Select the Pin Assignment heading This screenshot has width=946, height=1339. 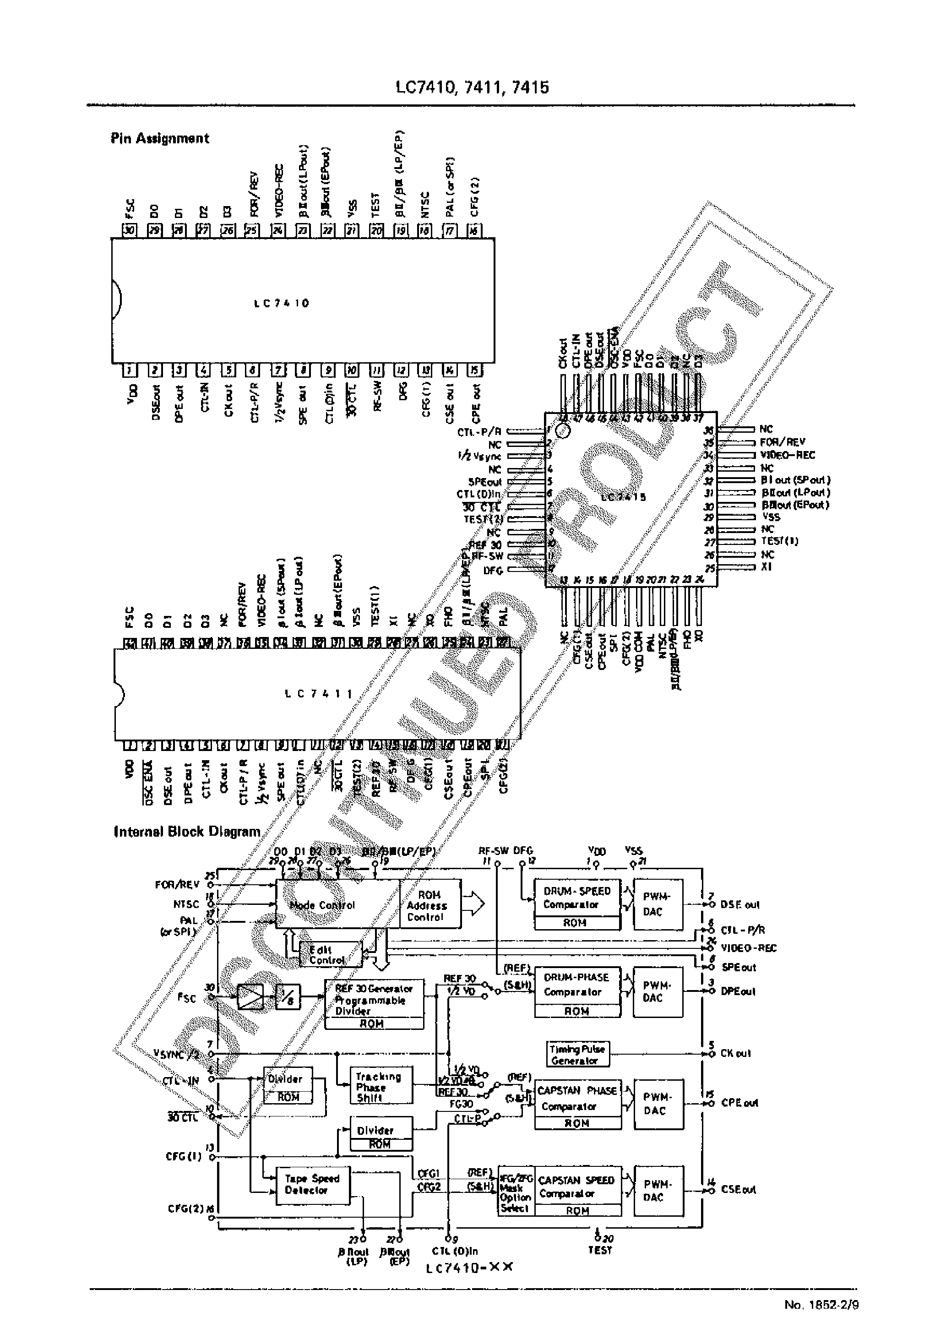pos(160,139)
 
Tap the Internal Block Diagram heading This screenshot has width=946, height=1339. pos(187,832)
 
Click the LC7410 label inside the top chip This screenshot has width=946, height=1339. pos(282,303)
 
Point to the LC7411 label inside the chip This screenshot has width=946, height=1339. pos(319,693)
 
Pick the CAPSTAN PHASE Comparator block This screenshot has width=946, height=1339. pos(577,1098)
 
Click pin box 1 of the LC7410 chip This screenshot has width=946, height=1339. pos(129,370)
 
